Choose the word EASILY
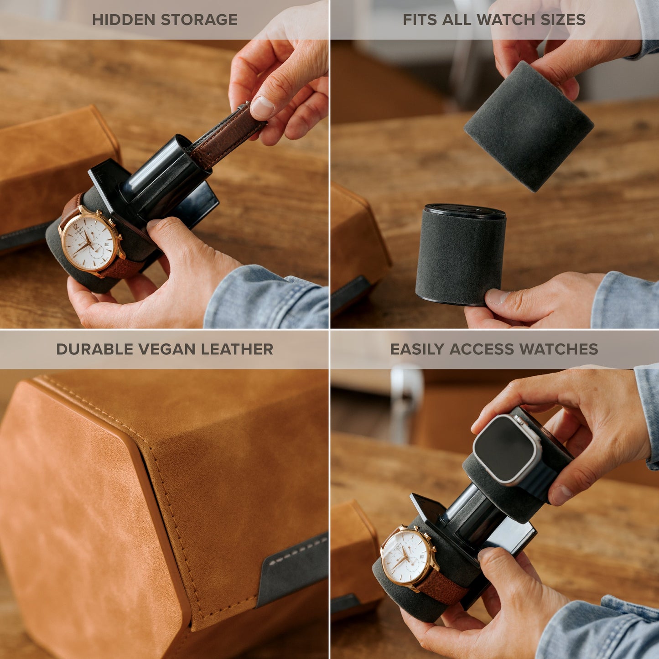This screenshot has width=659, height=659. [x=417, y=349]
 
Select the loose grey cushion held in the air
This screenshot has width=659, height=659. [x=529, y=125]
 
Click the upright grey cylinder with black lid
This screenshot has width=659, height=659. [x=461, y=258]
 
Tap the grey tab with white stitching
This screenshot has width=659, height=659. [x=292, y=566]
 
